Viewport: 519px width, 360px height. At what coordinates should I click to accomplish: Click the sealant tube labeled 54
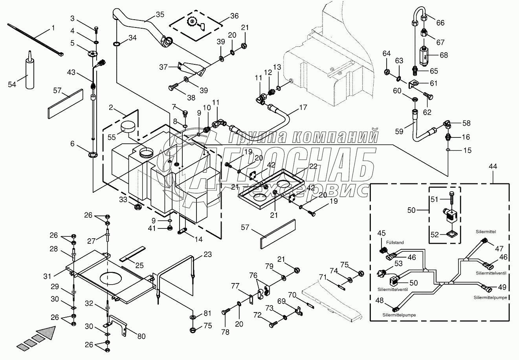pos(29,70)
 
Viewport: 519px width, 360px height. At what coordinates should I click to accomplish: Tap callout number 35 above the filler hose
pos(160,15)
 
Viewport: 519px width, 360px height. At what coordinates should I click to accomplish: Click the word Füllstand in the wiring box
pos(395,242)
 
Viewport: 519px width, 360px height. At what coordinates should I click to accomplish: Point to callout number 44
pos(493,166)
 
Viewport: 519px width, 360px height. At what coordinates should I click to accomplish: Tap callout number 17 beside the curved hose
pos(303,108)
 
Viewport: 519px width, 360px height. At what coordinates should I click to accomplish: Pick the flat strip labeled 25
pos(133,254)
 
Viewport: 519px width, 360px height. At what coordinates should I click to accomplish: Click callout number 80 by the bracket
pos(141,336)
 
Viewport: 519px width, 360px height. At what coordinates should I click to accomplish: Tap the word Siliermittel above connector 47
pos(486,232)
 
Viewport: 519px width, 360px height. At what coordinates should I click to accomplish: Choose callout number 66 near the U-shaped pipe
pos(440,23)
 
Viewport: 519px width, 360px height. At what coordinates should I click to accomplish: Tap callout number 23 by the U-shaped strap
pos(207,254)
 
